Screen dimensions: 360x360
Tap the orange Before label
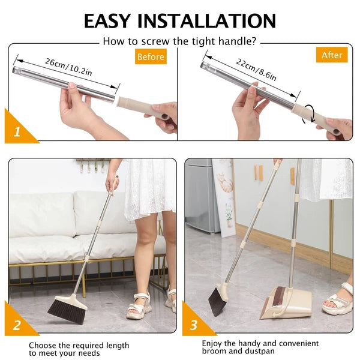coord(150,56)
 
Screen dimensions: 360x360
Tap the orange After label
coord(332,55)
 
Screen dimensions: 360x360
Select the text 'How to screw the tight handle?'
coord(179,41)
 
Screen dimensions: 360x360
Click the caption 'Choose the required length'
coord(79,346)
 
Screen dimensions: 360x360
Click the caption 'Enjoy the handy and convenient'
coord(260,343)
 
